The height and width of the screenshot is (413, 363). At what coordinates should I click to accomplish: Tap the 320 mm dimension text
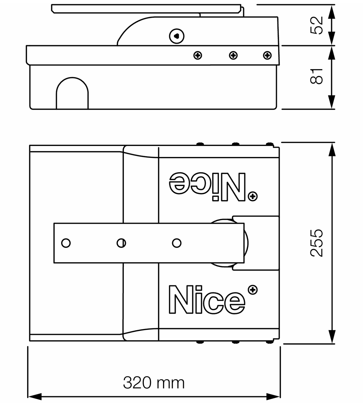click(x=154, y=382)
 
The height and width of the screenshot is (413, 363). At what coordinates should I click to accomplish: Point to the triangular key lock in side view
click(x=177, y=36)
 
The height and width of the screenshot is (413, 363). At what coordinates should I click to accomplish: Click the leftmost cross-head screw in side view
click(x=198, y=55)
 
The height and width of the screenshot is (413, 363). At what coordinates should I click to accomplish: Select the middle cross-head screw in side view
click(x=233, y=55)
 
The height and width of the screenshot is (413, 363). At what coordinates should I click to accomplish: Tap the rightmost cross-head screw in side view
click(x=267, y=55)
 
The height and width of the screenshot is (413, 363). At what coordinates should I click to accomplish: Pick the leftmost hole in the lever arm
click(x=66, y=243)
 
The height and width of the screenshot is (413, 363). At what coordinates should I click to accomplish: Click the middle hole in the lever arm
click(x=121, y=243)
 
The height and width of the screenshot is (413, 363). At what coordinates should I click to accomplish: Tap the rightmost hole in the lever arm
click(x=177, y=243)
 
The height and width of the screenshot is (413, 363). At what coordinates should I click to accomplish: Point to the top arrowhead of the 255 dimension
click(x=332, y=149)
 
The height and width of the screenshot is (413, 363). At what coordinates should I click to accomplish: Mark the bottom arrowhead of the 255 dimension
click(x=332, y=337)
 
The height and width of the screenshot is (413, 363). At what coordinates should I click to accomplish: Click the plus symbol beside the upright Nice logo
click(x=253, y=290)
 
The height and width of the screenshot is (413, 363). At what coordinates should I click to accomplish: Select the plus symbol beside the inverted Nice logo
click(x=253, y=196)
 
